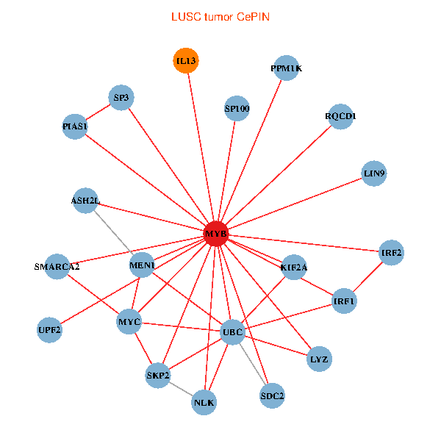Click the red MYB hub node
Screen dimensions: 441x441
tap(216, 234)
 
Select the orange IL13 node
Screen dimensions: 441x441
tap(186, 61)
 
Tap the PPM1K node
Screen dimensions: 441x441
tap(286, 68)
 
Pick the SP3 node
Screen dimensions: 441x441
tap(121, 97)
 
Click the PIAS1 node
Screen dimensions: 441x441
tap(75, 127)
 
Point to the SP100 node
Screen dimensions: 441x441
tap(237, 110)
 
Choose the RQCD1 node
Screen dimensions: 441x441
tap(340, 116)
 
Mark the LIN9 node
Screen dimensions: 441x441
tap(374, 174)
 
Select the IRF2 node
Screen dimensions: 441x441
tap(391, 252)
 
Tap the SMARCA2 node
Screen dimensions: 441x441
tap(57, 266)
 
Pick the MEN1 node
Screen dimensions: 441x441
tap(142, 265)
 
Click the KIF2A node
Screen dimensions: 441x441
tap(293, 267)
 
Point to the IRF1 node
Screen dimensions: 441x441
tap(344, 301)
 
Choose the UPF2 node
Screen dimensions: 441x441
tap(50, 329)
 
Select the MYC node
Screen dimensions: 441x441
tap(129, 322)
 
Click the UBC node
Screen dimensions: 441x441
tap(232, 332)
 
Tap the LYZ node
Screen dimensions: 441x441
tap(319, 359)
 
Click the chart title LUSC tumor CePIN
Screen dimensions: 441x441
tap(220, 17)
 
